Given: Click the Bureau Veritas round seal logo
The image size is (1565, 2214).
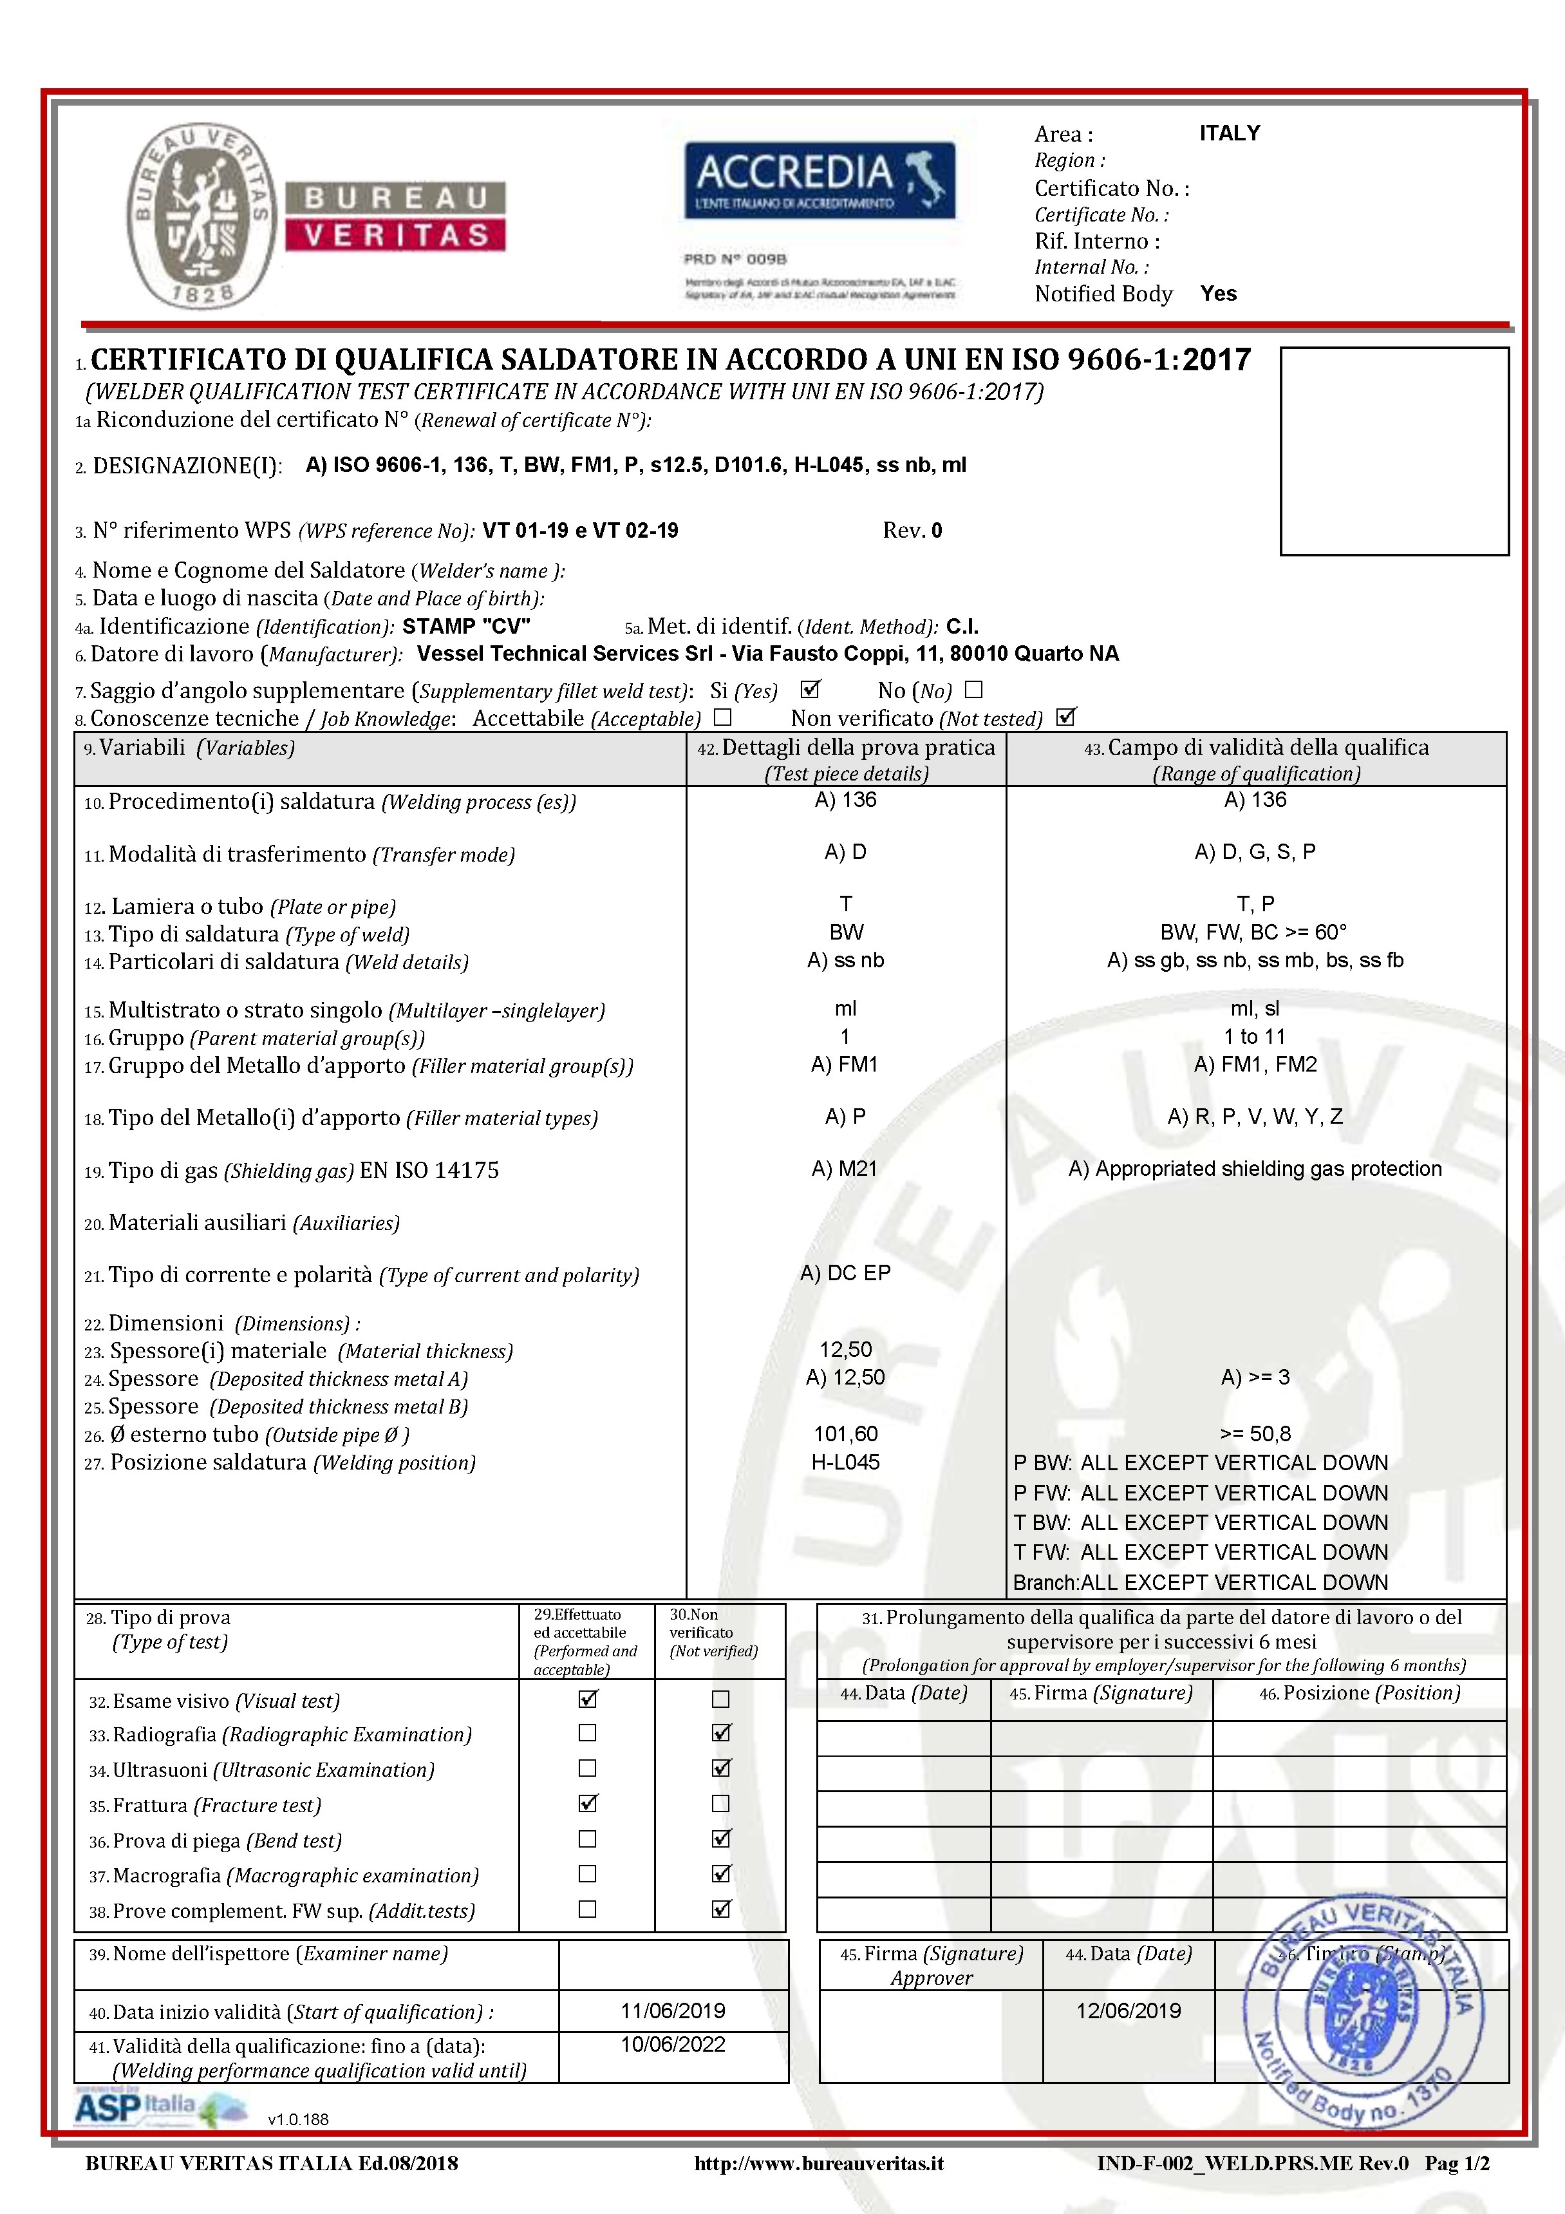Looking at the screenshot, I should click(201, 216).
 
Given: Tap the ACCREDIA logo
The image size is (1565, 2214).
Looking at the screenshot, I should click(820, 180).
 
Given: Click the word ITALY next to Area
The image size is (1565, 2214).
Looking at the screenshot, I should click(1230, 133).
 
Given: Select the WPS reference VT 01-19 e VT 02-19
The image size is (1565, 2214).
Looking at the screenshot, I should click(581, 531).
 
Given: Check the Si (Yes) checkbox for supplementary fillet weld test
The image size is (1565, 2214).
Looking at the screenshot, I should click(810, 690).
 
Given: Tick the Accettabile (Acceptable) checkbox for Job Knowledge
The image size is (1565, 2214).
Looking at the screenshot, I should click(723, 717).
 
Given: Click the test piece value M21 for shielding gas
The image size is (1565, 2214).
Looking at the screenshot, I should click(845, 1169).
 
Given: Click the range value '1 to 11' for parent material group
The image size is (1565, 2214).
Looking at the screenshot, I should click(1255, 1037).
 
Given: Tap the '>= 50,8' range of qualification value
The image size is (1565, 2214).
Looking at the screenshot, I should click(1255, 1434).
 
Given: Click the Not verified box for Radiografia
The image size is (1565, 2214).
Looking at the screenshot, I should click(720, 1733).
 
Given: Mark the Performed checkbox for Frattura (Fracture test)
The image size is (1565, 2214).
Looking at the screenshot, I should click(587, 1803).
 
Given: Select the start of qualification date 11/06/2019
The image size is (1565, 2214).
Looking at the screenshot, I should click(673, 2011).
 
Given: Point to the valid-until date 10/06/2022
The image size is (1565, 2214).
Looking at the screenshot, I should click(673, 2044).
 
